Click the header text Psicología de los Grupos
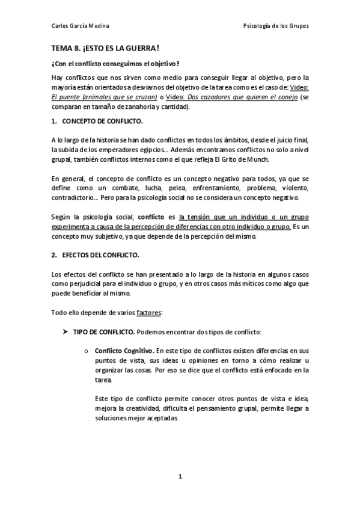[x=276, y=26]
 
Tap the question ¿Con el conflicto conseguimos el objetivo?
[x=115, y=64]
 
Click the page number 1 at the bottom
[x=180, y=477]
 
